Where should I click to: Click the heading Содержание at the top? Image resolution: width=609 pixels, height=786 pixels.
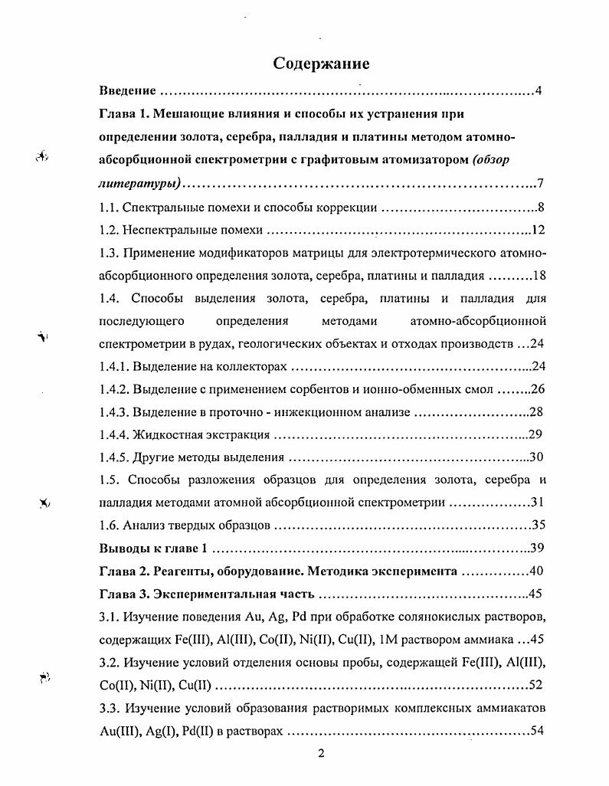[322, 64]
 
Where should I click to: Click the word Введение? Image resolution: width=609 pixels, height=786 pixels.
[128, 92]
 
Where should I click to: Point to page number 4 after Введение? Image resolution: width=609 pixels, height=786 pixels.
[539, 92]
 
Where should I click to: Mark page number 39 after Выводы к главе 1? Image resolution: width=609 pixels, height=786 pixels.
[537, 549]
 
